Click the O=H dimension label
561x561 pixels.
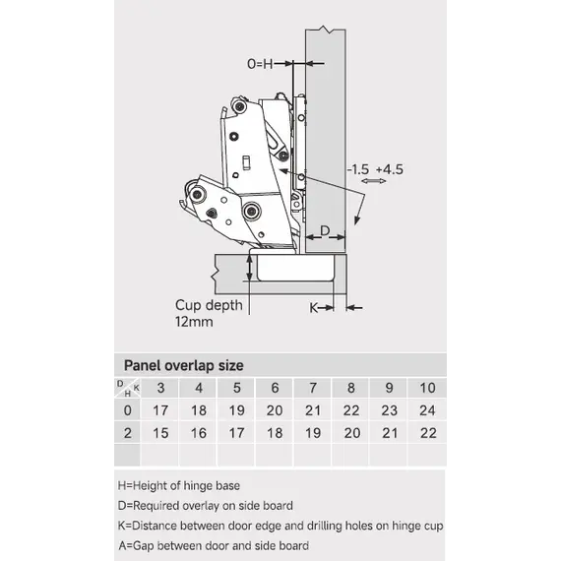click(260, 64)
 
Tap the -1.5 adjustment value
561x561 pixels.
click(358, 169)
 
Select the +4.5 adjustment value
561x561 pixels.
click(390, 169)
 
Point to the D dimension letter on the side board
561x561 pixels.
click(325, 230)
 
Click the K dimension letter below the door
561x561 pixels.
click(314, 308)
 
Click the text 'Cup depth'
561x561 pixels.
click(209, 305)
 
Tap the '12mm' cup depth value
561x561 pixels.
click(194, 322)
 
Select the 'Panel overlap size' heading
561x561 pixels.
click(183, 365)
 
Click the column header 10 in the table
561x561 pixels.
click(427, 388)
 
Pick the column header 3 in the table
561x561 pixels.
click(160, 388)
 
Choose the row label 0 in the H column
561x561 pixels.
click(127, 410)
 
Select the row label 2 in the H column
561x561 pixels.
click(127, 433)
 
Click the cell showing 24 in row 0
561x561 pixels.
click(427, 410)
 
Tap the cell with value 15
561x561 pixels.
click(160, 433)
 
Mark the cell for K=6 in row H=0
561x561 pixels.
click(275, 410)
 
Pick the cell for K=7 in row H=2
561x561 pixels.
click(313, 433)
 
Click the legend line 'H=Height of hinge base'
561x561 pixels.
click(179, 485)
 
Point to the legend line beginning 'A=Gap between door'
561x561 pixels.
click(214, 545)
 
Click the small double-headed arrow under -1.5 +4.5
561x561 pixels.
click(374, 181)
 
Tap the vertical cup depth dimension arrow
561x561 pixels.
click(250, 268)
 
